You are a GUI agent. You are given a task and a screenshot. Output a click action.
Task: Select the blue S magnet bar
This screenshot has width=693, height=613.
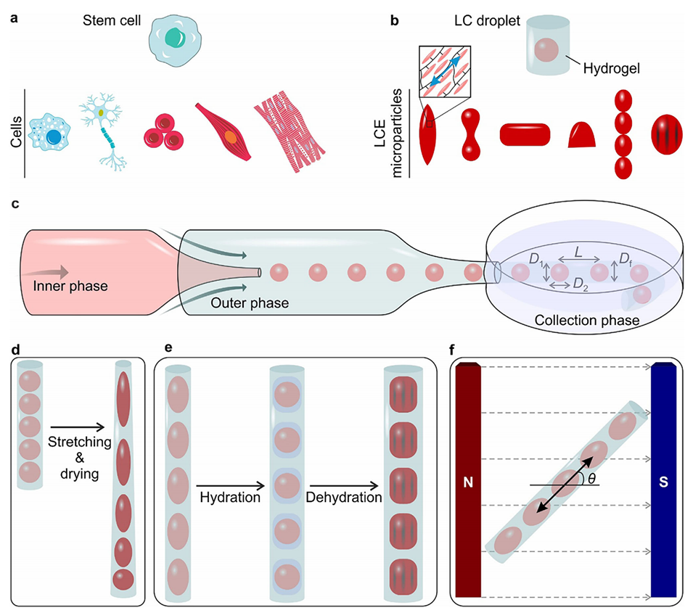(x=664, y=482)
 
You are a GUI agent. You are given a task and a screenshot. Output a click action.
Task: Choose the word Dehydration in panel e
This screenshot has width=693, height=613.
(x=343, y=499)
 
